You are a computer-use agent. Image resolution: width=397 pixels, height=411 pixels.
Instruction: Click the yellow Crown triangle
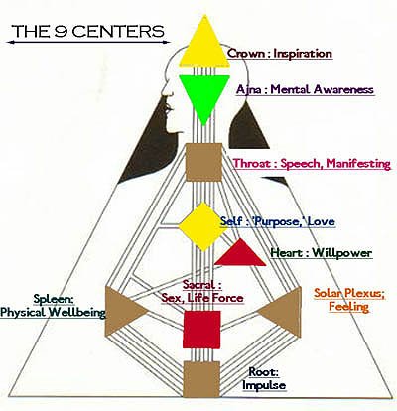pos(204,47)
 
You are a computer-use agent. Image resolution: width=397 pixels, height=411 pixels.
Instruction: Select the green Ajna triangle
pos(204,94)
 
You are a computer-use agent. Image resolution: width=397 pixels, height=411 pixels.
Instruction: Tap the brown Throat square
pos(203,162)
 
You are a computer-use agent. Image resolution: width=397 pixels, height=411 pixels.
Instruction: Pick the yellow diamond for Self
pos(203,226)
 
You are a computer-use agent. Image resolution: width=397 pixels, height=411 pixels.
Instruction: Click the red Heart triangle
pos(241,255)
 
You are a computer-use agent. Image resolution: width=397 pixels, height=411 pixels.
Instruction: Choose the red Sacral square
pos(201,330)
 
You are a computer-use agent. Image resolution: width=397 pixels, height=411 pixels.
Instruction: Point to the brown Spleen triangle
pos(123,312)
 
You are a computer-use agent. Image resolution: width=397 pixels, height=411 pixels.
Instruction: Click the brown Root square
pos(201,379)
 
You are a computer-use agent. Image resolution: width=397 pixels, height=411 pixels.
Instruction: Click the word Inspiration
pos(303,54)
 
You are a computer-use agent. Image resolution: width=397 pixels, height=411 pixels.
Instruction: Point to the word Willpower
pos(342,253)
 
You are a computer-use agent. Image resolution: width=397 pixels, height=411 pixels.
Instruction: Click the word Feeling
pos(348,307)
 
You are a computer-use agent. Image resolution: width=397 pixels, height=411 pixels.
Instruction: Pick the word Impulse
pos(264,385)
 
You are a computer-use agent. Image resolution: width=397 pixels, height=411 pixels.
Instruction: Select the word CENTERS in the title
pos(118,31)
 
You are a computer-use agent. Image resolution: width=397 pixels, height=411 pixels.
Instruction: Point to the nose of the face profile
pos(165,95)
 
